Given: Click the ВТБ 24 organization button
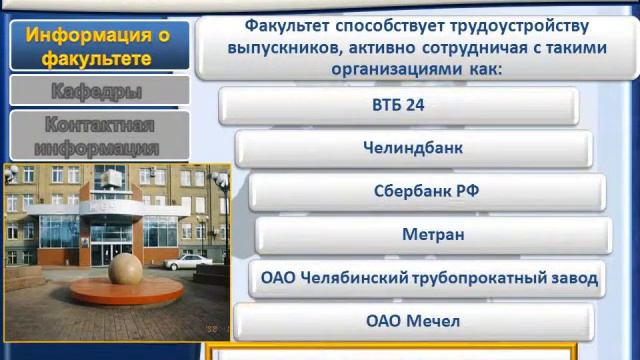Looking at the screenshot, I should pyautogui.click(x=398, y=105).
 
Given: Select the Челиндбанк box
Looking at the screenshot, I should pyautogui.click(x=413, y=148).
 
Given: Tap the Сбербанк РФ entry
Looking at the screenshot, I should pyautogui.click(x=427, y=191).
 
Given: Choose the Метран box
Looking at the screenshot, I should pyautogui.click(x=433, y=235).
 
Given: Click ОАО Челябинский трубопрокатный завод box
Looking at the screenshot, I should pyautogui.click(x=429, y=278).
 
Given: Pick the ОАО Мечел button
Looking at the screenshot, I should pyautogui.click(x=413, y=322).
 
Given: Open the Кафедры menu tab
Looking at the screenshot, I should pyautogui.click(x=96, y=91).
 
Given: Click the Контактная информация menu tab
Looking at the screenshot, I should pyautogui.click(x=96, y=136).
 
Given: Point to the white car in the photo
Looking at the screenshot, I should pyautogui.click(x=186, y=264).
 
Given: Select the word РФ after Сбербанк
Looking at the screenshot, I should pyautogui.click(x=467, y=191).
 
